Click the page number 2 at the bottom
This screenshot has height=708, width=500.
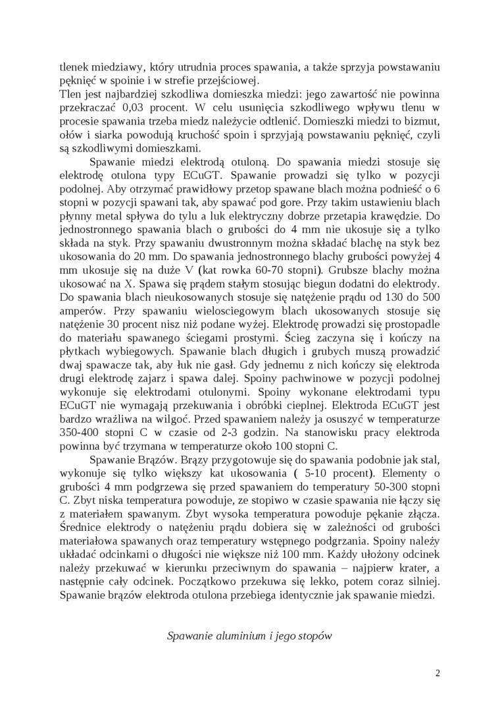438,673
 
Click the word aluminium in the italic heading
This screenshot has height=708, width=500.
236,636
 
